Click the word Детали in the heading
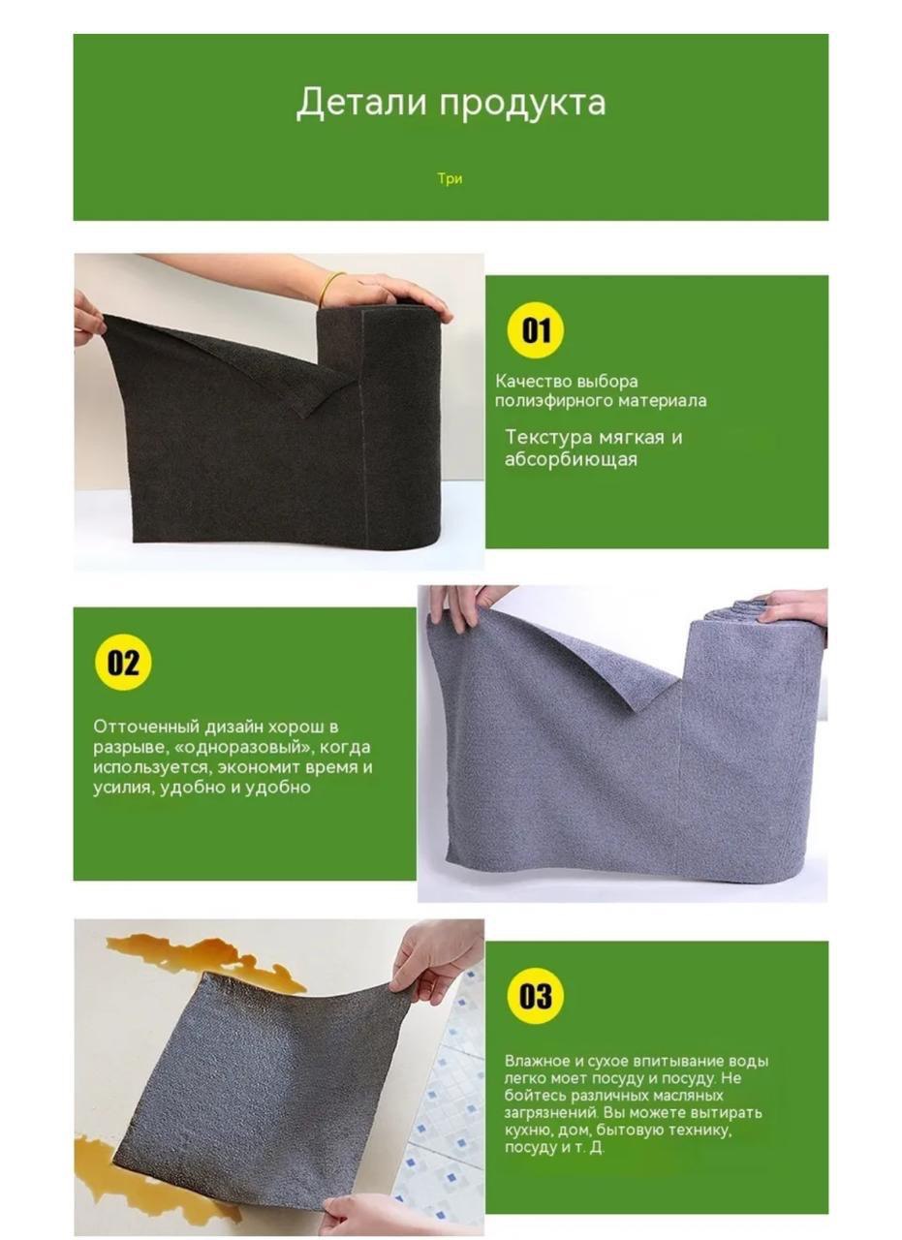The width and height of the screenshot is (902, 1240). coord(361,103)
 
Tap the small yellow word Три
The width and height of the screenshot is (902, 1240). coord(450,179)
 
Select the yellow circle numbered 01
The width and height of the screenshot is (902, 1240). coord(536,330)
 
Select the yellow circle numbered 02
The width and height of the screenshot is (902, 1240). coord(123,663)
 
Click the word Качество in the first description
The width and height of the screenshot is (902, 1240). coord(533,382)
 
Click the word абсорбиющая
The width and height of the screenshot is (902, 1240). coord(571,459)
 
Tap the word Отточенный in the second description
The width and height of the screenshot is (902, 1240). coord(146,727)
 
